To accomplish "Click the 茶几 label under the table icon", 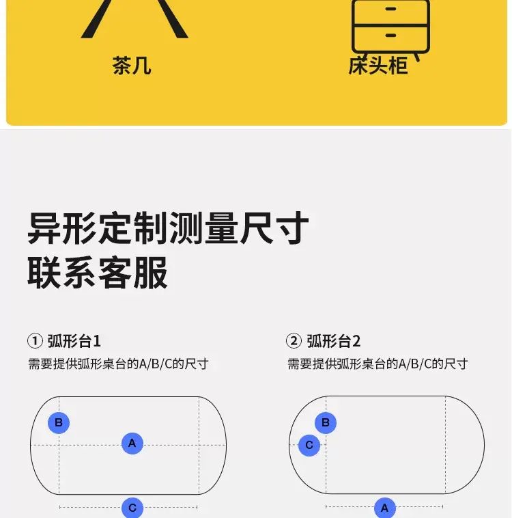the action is [132, 66].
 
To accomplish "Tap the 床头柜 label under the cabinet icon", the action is [378, 66].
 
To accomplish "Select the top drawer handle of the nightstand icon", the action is [391, 9].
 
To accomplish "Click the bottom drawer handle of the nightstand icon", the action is [391, 35].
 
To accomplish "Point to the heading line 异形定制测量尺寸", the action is [168, 228].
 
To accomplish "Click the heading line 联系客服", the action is [98, 273].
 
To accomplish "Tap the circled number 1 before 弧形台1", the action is [35, 341].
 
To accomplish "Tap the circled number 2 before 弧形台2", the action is [294, 341].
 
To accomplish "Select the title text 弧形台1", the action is [74, 341].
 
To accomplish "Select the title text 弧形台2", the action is [334, 341].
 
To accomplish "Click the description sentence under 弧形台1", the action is [118, 364].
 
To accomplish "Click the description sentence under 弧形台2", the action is [378, 364].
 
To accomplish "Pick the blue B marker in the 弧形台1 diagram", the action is [59, 422].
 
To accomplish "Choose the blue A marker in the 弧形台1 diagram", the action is [132, 443].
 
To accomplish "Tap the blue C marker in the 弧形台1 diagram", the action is [132, 508].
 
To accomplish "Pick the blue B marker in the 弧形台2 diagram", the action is [326, 422].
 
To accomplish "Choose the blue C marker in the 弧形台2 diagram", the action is [309, 445].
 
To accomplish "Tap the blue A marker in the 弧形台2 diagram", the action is [385, 508].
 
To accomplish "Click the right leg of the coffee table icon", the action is [171, 19].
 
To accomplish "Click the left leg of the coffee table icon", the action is [98, 19].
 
